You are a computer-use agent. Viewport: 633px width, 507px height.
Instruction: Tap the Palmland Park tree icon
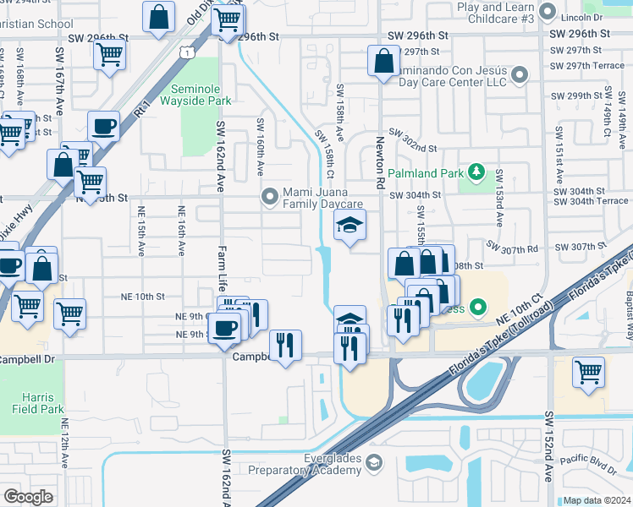pos(476,174)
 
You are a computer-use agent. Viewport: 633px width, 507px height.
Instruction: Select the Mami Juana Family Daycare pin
pos(270,197)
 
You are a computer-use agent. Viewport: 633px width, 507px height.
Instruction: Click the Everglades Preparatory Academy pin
pos(376,463)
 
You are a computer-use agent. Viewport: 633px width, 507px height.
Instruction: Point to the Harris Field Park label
pos(39,403)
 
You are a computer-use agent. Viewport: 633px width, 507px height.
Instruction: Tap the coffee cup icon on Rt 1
pos(103,127)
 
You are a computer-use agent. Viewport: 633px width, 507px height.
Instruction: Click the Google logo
pos(28,496)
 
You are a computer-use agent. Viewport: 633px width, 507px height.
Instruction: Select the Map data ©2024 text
pos(597,500)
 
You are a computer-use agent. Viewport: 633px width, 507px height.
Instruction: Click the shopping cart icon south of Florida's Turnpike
pos(588,372)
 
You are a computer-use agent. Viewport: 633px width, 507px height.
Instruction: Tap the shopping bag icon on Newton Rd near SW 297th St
pos(383,61)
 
